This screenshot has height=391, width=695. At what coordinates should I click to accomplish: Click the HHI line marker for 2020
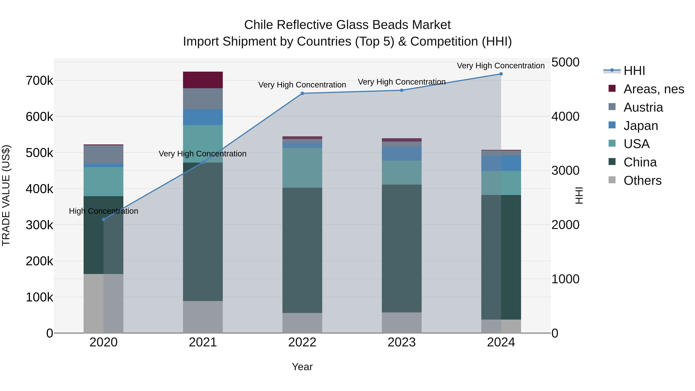click(104, 219)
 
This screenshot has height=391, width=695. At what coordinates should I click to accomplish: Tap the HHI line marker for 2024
click(501, 74)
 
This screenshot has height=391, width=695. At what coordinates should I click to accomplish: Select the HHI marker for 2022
click(302, 93)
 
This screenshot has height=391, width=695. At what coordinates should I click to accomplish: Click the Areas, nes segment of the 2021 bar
click(203, 80)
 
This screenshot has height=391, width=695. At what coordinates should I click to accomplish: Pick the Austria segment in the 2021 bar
click(203, 99)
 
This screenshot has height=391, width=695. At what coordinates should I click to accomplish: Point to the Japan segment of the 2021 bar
click(203, 117)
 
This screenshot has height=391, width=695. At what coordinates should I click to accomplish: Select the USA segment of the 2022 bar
click(302, 168)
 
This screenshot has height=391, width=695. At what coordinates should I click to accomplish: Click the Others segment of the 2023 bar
click(402, 322)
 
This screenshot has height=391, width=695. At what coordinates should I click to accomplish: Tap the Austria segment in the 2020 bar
click(104, 154)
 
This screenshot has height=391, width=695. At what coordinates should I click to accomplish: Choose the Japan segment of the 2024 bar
click(501, 163)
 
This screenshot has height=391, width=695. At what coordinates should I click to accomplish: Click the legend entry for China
click(640, 162)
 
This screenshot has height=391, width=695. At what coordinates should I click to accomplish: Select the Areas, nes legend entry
click(653, 89)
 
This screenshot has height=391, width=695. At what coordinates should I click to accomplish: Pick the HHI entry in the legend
click(634, 71)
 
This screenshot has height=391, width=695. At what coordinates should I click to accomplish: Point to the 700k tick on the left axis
click(39, 80)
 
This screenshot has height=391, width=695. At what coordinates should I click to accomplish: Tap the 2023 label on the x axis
click(402, 342)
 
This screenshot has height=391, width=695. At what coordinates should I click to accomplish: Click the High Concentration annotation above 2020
click(104, 211)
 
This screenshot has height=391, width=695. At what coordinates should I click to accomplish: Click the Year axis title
click(302, 367)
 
